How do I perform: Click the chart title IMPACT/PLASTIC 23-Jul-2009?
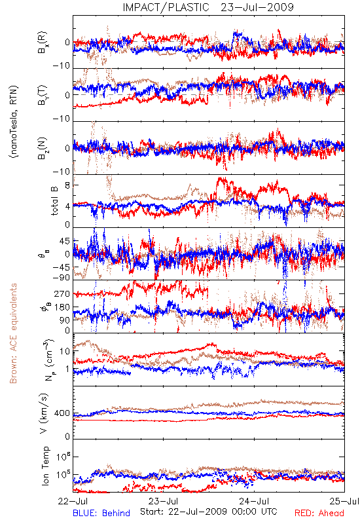click(208, 7)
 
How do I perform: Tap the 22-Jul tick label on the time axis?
click(73, 501)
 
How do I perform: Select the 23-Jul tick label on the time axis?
click(163, 501)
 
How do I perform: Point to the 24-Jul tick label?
click(254, 501)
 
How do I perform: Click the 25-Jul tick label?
click(345, 501)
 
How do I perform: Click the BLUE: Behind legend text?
click(101, 513)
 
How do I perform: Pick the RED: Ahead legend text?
click(319, 513)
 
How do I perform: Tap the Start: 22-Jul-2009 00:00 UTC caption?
click(209, 512)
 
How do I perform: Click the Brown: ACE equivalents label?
click(13, 333)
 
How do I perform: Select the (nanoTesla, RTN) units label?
click(14, 122)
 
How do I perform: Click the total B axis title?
click(54, 201)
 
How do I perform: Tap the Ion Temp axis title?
click(45, 466)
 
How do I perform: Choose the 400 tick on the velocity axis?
click(62, 413)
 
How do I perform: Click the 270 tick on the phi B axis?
click(62, 294)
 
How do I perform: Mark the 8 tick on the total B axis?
click(67, 185)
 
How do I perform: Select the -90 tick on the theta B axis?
click(62, 278)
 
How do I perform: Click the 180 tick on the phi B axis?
click(62, 307)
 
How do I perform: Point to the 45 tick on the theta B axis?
click(65, 241)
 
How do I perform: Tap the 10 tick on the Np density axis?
click(65, 352)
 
